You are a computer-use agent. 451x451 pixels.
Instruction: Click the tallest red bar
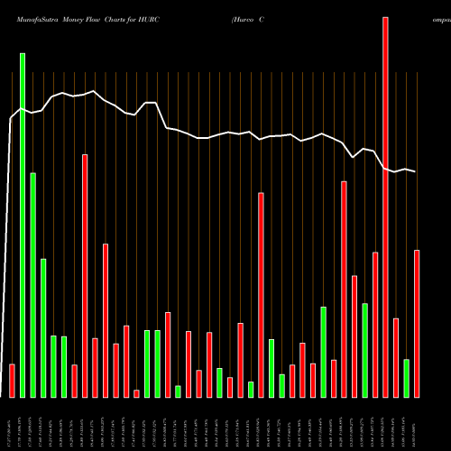tap(385, 207)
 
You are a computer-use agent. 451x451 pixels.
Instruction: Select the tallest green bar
tap(23, 225)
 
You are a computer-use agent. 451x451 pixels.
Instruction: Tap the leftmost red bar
tap(12, 380)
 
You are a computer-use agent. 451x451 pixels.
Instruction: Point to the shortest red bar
tap(136, 392)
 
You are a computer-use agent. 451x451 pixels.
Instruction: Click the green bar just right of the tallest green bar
tap(32, 284)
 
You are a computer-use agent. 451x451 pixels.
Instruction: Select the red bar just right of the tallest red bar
tap(396, 357)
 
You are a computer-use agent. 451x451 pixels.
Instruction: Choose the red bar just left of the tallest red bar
tap(375, 325)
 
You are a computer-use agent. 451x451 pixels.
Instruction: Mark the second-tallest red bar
tap(85, 275)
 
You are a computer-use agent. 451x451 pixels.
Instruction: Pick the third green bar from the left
tap(43, 327)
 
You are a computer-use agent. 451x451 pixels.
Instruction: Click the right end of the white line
tap(416, 171)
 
